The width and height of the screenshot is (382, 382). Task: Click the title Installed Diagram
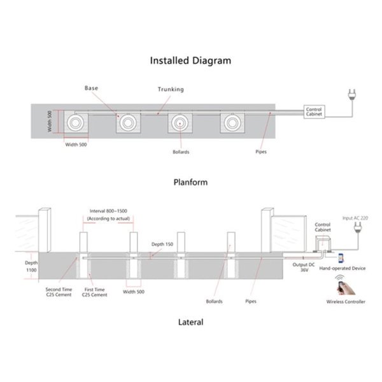pos(190,60)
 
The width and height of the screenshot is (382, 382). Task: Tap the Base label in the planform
pos(91,88)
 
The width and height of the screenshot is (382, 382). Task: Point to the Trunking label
pos(171,89)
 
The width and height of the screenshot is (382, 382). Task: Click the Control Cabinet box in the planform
pos(314,112)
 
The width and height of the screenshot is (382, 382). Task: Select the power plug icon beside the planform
pos(352,95)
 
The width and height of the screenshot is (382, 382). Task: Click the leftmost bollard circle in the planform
pos(75,122)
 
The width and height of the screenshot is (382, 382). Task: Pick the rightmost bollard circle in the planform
pos(232,122)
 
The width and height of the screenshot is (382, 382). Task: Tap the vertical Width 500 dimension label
pos(50,121)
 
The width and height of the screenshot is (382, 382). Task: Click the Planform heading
pos(190,182)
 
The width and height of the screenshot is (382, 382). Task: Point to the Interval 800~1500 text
pos(108,211)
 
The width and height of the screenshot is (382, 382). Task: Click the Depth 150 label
pos(162,244)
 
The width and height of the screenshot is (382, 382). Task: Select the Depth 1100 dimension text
pos(31,266)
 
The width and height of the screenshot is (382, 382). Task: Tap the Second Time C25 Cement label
pos(59,292)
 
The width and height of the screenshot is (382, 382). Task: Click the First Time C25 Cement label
pos(94,292)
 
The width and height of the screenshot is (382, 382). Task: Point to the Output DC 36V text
pos(304,267)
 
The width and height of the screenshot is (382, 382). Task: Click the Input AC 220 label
pos(355,218)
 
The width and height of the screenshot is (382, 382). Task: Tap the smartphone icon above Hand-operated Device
pos(341,258)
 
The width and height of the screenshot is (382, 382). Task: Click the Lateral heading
pos(190,322)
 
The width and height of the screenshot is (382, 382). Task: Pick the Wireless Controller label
pos(346,302)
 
